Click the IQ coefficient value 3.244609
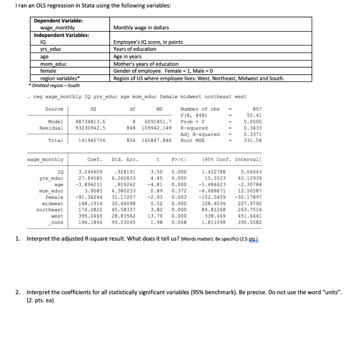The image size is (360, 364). (x=90, y=172)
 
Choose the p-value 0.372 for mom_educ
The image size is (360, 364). (x=179, y=191)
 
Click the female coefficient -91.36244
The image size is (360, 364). (x=89, y=197)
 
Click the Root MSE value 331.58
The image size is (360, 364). (x=253, y=140)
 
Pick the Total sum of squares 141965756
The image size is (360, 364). (x=92, y=140)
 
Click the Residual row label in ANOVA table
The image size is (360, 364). (x=51, y=128)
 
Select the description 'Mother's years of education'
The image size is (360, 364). (x=146, y=64)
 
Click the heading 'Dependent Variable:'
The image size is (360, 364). (x=58, y=21)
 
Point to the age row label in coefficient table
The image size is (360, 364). (x=59, y=185)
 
